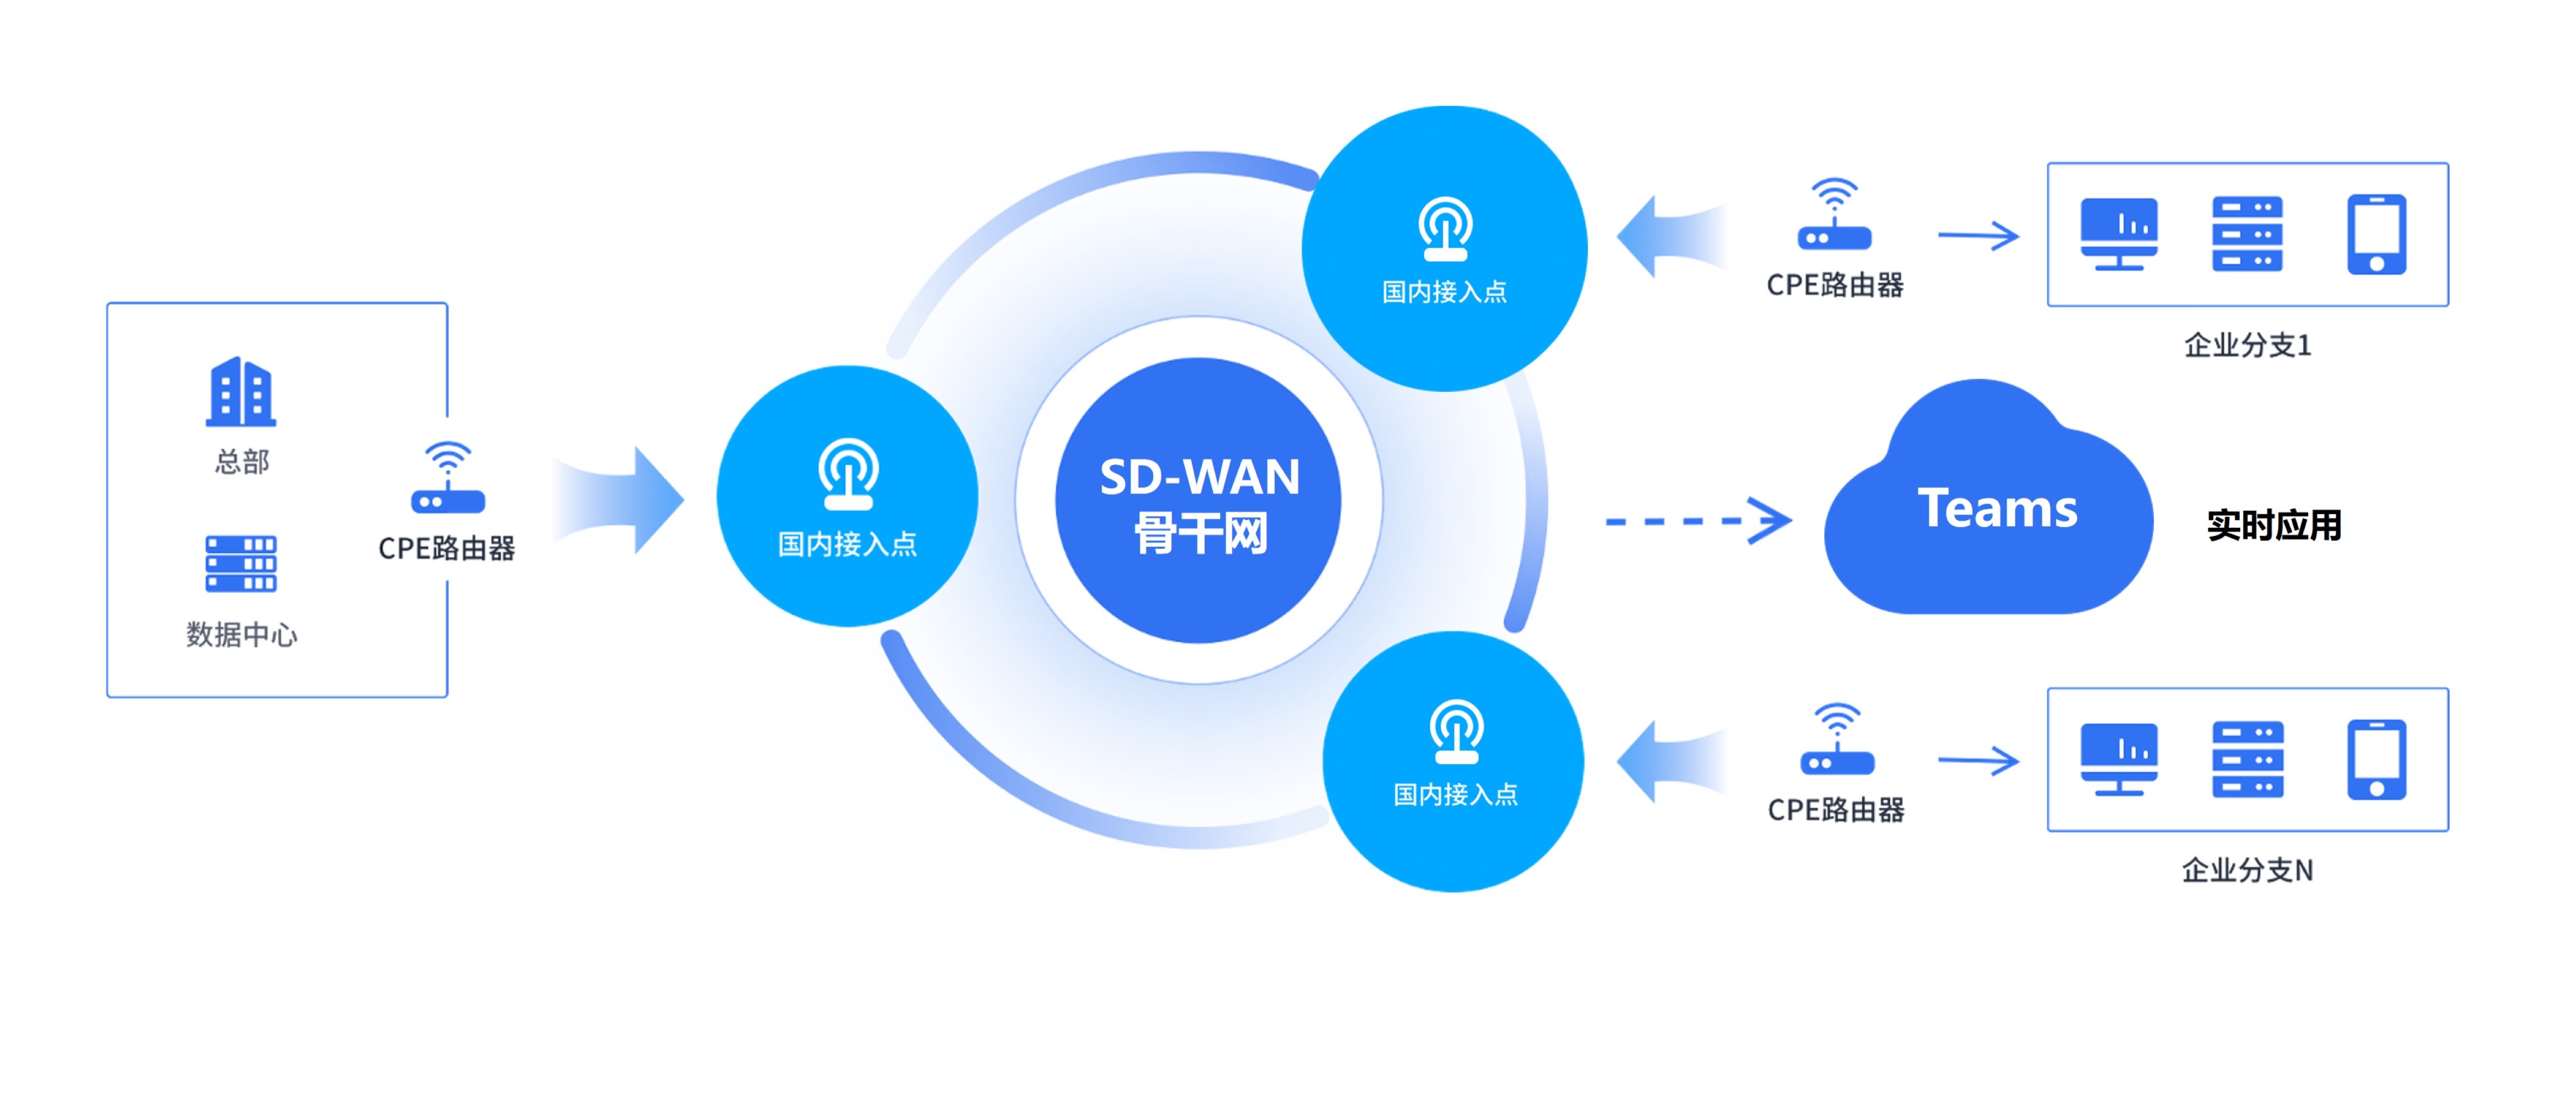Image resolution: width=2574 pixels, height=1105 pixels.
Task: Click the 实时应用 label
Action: tap(2273, 525)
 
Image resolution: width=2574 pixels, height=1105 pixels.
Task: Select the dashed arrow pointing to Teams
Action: tap(1699, 521)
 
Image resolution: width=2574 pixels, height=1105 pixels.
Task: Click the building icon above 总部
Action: tap(241, 392)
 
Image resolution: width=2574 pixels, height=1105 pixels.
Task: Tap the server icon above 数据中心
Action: tap(241, 565)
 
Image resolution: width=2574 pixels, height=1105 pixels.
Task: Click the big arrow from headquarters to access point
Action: tap(620, 500)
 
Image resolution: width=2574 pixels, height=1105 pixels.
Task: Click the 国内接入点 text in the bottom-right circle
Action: tap(1455, 794)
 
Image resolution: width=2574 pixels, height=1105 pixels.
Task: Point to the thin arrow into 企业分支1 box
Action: tap(1978, 236)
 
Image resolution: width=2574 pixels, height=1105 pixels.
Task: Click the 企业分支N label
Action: tap(2247, 870)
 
